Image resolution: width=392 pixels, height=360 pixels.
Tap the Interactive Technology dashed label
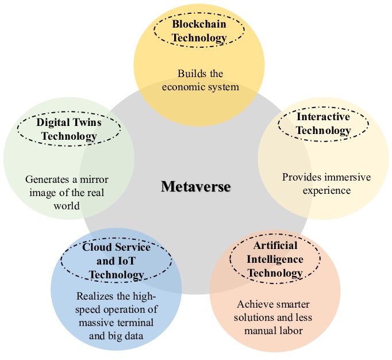pos(323,124)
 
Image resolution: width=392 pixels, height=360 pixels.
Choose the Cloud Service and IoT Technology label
pos(116,261)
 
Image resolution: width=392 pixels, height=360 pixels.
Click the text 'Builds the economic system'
pos(199,81)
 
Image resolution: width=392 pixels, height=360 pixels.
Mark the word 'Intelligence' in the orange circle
pos(267,259)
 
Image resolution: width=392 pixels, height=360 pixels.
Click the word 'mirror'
pos(94,180)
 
